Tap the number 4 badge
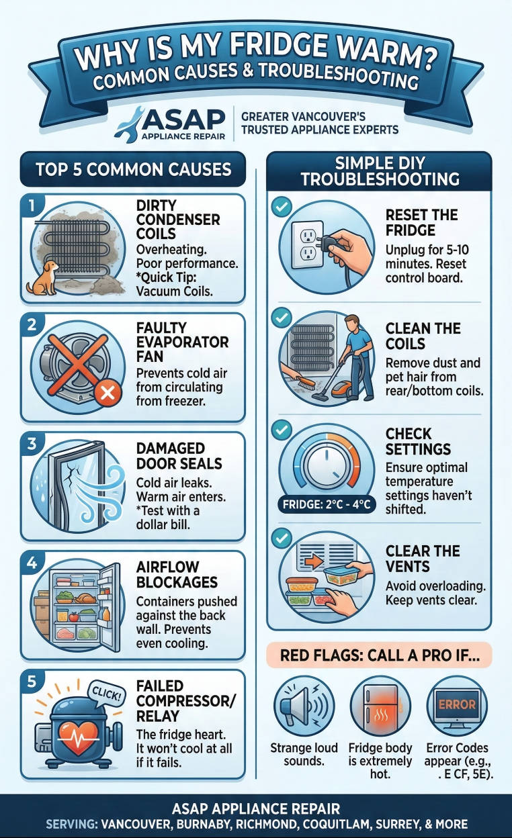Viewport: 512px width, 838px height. pyautogui.click(x=30, y=562)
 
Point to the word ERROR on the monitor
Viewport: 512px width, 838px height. pyautogui.click(x=457, y=705)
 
